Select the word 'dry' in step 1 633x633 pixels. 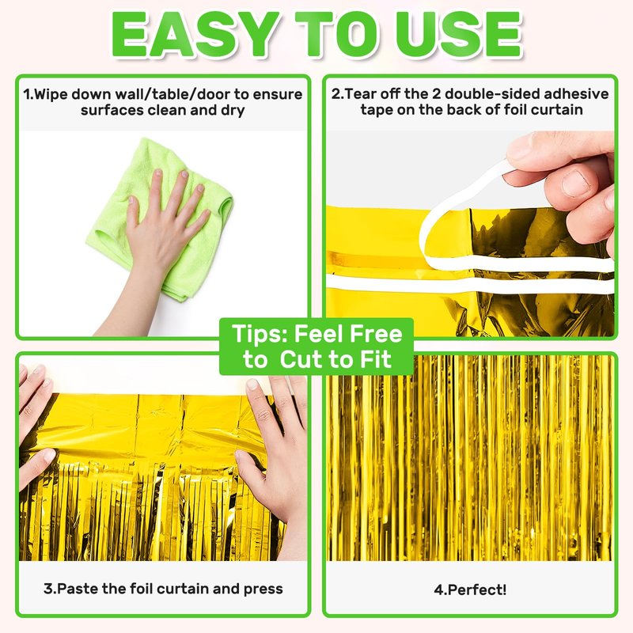(233, 111)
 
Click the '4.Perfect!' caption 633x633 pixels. (470, 589)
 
